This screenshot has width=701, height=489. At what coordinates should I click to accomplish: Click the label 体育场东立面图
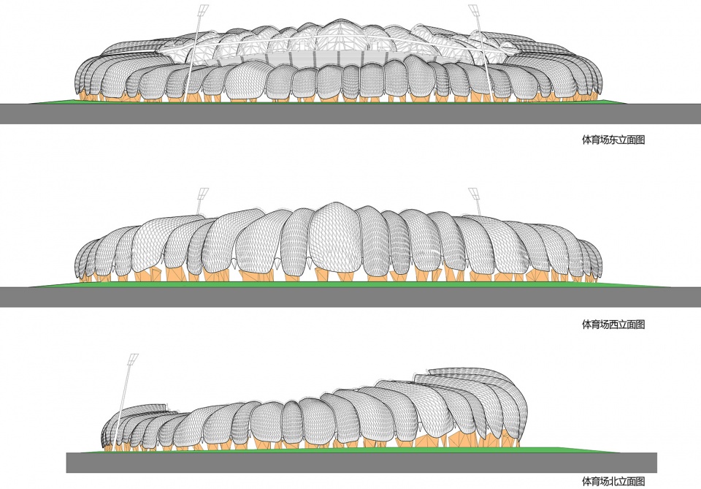(613, 140)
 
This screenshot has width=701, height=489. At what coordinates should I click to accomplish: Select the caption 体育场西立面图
(613, 325)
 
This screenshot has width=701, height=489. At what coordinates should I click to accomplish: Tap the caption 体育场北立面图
(613, 482)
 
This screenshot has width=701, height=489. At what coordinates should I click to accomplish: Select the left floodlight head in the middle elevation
(203, 194)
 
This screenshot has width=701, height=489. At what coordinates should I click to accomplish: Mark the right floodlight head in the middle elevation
(474, 194)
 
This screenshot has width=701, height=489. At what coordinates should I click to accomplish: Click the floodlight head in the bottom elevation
(133, 359)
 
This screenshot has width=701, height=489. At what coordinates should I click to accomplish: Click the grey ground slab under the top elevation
(350, 113)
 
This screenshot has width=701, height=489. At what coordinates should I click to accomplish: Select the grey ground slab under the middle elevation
(350, 297)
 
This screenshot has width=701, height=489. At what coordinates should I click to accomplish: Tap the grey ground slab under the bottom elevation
(361, 463)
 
